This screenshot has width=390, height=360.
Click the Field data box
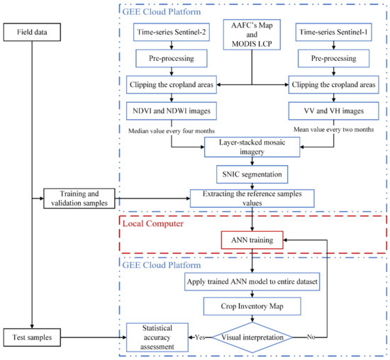pos(32,32)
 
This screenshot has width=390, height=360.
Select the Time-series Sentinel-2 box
pos(172,32)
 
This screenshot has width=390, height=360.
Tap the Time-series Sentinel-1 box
pos(333,32)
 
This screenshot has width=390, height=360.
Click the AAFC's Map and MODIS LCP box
pos(252,35)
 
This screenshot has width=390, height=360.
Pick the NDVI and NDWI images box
pos(172,111)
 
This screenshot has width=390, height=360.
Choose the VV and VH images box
pos(333,111)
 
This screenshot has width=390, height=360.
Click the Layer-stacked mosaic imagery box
pos(252,147)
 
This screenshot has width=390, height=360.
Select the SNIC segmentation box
pos(252,174)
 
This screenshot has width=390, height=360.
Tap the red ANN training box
pos(252,240)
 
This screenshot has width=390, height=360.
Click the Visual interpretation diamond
pos(252,337)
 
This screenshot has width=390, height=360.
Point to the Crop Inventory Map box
pos(252,306)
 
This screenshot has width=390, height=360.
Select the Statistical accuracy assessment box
pos(157,337)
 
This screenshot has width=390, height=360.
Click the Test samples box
pos(32,337)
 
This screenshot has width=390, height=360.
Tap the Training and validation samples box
pos(79,198)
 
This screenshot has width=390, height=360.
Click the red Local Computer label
pos(153,223)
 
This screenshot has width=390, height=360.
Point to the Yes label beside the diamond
pos(200,337)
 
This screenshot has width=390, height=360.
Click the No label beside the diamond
pos(311,337)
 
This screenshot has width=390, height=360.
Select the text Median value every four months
pos(172,131)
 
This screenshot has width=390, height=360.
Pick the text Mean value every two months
pos(334,129)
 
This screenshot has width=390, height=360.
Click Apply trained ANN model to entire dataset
pos(252,281)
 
